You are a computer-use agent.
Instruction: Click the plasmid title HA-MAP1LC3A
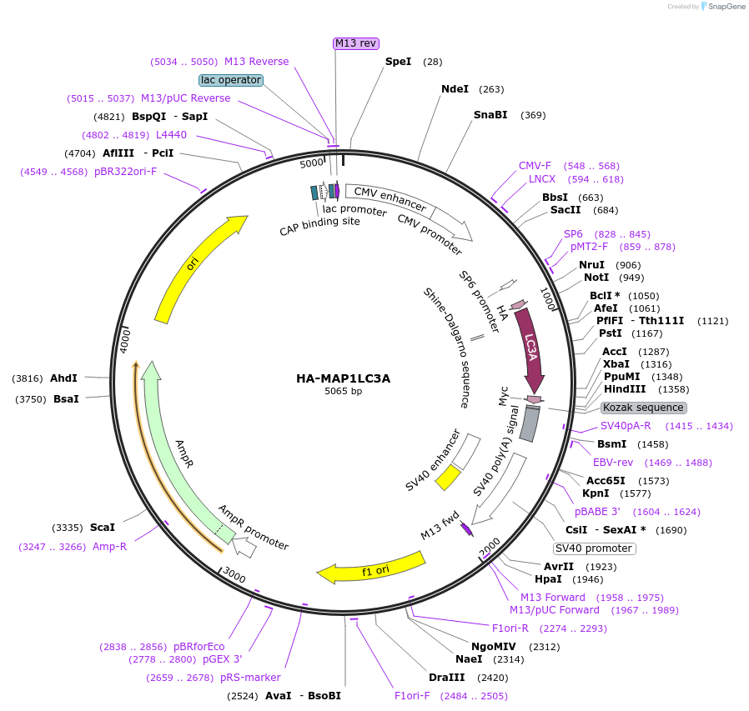click(x=343, y=378)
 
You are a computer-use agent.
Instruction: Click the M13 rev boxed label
click(x=355, y=43)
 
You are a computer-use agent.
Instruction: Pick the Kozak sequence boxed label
click(x=643, y=408)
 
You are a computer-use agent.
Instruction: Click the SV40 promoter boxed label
click(x=594, y=548)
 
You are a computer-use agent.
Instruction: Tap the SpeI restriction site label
click(x=398, y=62)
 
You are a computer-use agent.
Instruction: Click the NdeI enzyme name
click(x=455, y=89)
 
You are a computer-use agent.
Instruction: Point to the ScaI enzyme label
click(x=102, y=528)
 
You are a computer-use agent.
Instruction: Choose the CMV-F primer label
click(x=535, y=166)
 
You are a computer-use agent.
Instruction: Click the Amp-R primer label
click(x=109, y=547)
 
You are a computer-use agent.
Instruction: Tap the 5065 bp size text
click(x=343, y=392)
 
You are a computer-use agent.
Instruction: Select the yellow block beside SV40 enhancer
click(x=448, y=477)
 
